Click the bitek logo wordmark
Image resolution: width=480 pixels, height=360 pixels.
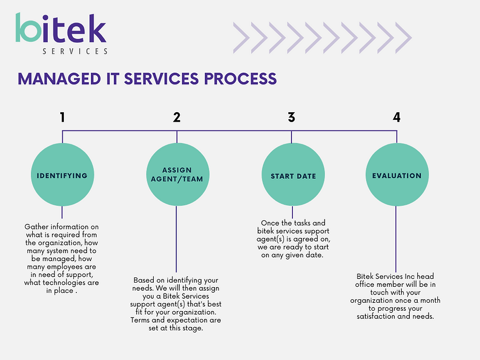click(61, 28)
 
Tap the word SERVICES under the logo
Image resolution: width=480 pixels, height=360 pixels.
click(75, 51)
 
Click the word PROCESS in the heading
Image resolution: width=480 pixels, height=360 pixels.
click(241, 78)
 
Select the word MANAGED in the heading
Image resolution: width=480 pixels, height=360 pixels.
click(59, 78)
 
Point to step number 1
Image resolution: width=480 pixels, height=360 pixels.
click(62, 117)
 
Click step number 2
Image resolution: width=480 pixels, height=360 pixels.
click(177, 117)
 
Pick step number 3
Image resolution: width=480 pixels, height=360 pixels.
click(291, 117)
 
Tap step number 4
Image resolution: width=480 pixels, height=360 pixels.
click(397, 117)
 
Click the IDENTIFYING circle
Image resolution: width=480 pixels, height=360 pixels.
click(62, 175)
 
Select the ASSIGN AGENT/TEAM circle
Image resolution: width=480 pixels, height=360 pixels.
click(178, 175)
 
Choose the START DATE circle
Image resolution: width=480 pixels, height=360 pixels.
click(294, 175)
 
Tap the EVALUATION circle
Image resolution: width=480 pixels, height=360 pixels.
click(397, 175)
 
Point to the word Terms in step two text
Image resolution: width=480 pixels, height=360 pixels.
click(140, 320)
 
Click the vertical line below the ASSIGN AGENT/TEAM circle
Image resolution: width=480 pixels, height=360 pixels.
click(176, 239)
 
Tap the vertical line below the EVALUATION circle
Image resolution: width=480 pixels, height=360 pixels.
click(396, 239)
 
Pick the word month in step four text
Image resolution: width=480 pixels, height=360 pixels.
click(430, 300)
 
